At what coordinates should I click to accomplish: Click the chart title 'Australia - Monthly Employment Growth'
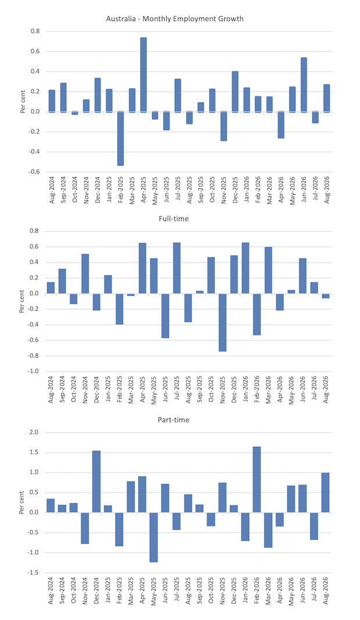point(175,19)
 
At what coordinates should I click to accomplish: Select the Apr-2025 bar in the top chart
point(143,75)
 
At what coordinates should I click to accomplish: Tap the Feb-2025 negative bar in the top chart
point(121,138)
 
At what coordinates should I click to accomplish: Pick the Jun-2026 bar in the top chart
point(304,85)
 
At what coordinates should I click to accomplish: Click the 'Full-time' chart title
point(174,218)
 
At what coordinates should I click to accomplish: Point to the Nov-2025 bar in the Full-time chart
point(222,322)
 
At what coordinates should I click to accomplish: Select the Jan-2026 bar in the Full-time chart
point(246,268)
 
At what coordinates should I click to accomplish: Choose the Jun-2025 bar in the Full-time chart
point(165,316)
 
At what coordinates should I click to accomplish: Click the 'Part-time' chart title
point(174,420)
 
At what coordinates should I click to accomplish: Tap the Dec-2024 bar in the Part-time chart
point(96,482)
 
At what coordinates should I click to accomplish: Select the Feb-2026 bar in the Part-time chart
point(257,479)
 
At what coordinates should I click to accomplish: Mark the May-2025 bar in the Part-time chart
point(154,537)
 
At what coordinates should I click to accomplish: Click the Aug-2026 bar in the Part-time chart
point(325,493)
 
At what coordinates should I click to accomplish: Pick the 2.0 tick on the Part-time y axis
point(34,432)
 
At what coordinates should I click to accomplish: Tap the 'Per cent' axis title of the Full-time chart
point(21,302)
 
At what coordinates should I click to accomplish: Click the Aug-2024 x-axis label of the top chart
point(52,190)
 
